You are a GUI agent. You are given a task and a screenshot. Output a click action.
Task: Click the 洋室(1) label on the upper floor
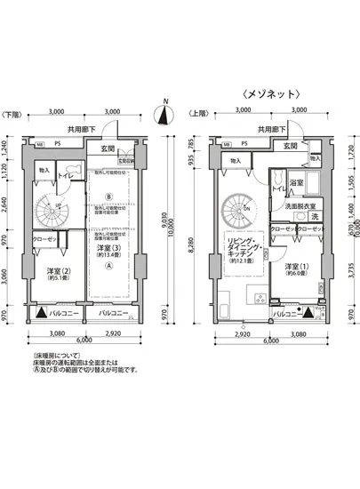(x=296, y=268)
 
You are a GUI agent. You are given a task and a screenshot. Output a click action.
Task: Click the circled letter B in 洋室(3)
(x=108, y=196)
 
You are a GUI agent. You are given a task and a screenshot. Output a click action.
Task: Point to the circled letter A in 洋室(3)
(x=108, y=264)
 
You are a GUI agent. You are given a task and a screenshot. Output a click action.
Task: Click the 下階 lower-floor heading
(x=12, y=115)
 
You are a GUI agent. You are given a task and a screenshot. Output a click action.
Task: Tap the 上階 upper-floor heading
(x=196, y=115)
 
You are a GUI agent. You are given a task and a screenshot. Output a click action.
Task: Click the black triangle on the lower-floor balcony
(x=42, y=313)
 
